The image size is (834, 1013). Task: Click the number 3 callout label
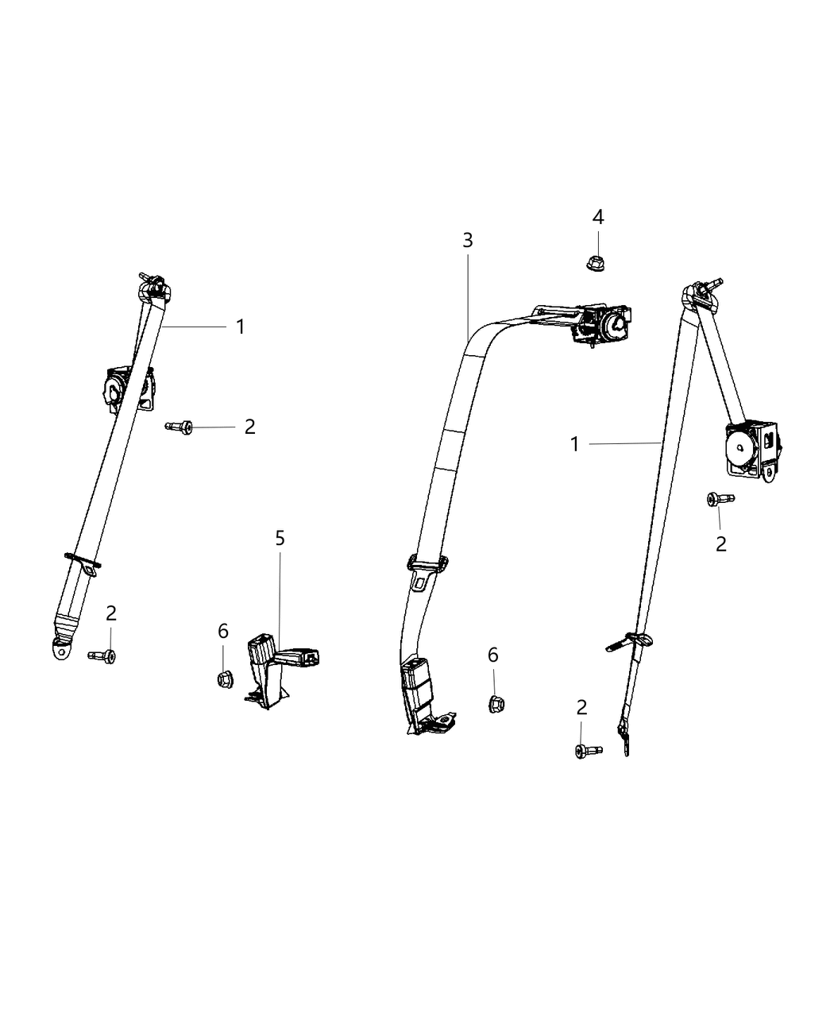467,239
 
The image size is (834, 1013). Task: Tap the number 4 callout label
597,217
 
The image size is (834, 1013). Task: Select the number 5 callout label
280,538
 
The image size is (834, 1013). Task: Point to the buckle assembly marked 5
274,664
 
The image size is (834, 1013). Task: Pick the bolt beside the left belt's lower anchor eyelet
102,655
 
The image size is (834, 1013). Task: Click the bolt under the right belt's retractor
719,499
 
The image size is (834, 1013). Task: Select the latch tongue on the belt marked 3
424,568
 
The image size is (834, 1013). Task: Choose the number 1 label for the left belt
240,327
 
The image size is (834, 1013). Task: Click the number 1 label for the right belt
575,444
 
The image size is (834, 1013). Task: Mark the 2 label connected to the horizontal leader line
249,427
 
